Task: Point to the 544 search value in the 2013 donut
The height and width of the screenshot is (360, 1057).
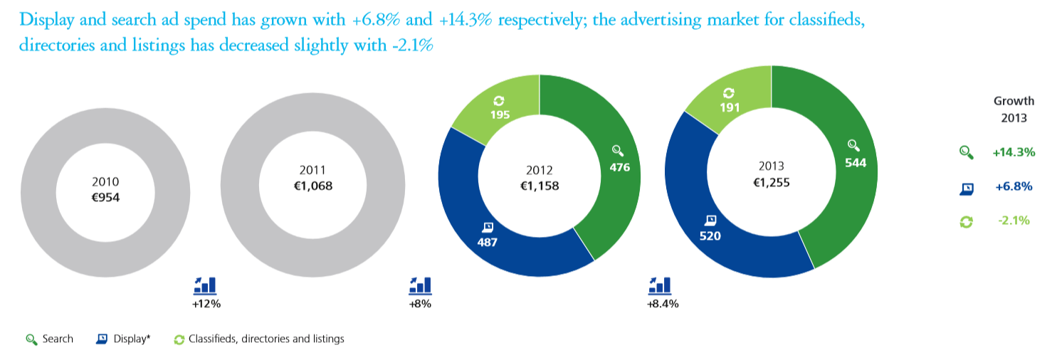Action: click(x=856, y=162)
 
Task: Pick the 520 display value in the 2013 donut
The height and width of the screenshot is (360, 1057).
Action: click(x=710, y=235)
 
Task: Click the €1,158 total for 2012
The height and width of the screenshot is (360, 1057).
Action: click(x=539, y=186)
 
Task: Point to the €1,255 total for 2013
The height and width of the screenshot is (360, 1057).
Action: click(x=771, y=182)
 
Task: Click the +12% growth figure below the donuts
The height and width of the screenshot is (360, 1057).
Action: click(x=204, y=304)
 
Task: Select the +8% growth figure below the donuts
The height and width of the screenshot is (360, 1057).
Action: click(x=420, y=304)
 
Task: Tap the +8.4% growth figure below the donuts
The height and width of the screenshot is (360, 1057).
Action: click(x=662, y=304)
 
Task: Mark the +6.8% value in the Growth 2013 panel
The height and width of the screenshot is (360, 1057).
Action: click(x=1014, y=186)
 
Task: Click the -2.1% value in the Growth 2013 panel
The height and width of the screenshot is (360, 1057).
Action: click(x=1014, y=221)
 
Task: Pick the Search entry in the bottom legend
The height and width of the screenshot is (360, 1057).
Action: click(x=57, y=339)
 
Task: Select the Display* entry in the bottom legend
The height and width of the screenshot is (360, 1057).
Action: click(x=132, y=339)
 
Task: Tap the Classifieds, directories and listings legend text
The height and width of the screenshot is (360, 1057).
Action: click(x=266, y=339)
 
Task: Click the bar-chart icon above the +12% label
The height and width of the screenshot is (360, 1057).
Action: click(x=204, y=285)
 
